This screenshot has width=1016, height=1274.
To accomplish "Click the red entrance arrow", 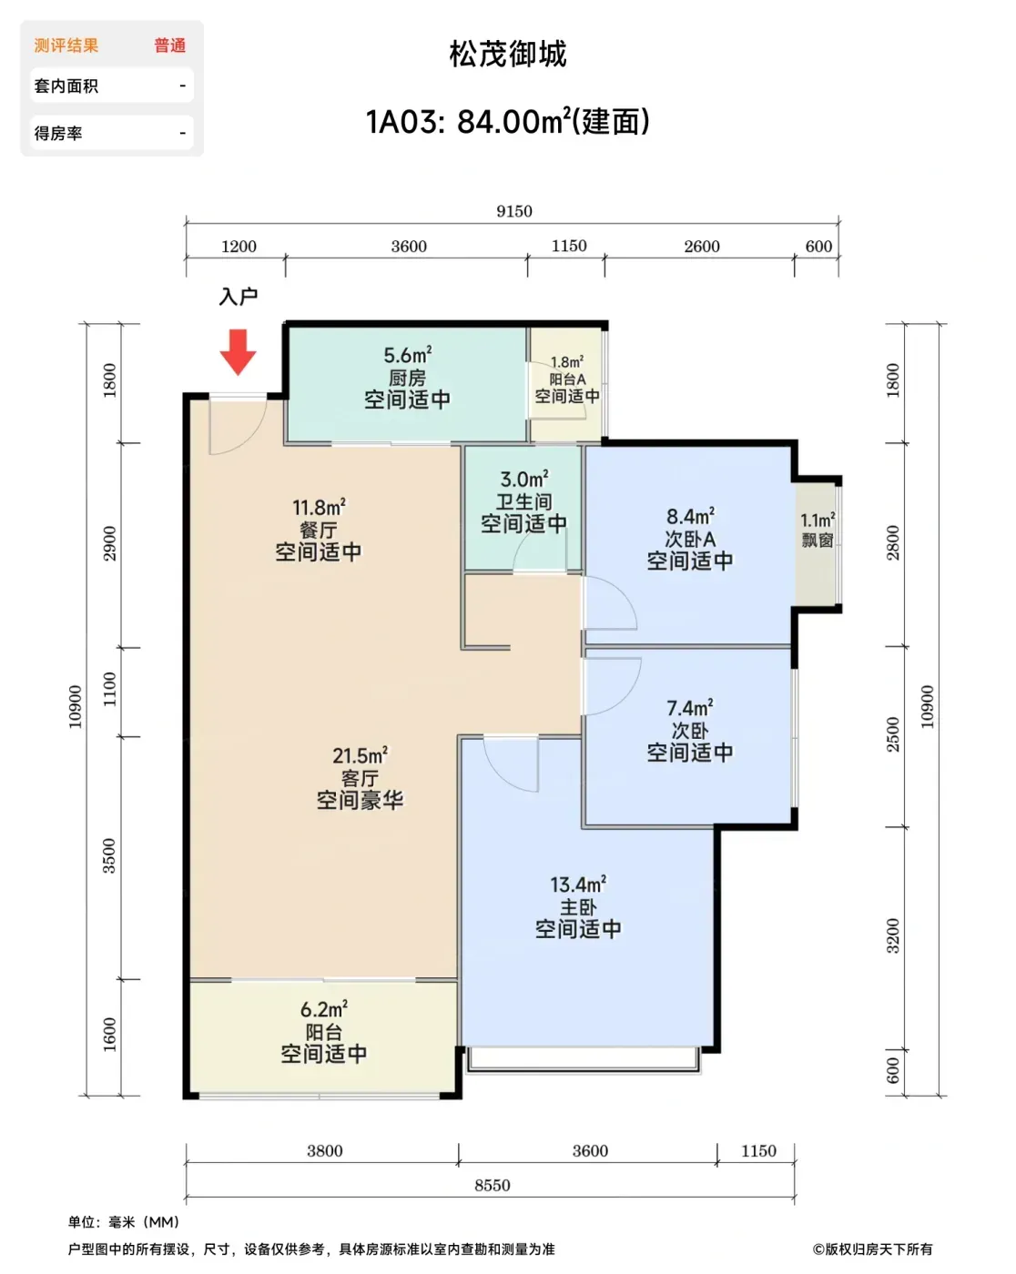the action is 239,351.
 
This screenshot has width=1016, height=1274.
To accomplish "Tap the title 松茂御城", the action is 508,55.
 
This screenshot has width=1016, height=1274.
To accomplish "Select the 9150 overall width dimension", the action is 514,211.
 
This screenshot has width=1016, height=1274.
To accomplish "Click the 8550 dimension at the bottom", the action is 493,1185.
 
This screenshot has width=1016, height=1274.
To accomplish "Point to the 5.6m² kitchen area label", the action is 408,355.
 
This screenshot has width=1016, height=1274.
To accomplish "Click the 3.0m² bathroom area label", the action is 524,479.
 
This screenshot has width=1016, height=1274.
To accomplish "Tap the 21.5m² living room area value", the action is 361,755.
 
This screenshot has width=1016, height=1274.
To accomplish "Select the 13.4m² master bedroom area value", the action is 578,885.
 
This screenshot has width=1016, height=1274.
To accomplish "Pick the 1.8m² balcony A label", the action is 567,361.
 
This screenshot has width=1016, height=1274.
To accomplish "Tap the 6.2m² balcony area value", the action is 324,1009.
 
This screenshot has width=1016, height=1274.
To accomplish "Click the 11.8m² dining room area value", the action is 319,508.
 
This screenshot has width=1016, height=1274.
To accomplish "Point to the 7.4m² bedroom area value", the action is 690,708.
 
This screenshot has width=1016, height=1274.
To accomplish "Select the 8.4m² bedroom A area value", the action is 690,516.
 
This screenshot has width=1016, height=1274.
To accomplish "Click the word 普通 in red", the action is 170,45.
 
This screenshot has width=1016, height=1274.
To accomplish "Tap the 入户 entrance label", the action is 239,297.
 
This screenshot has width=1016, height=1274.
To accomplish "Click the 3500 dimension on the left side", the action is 109,855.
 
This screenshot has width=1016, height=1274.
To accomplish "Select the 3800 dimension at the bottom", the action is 325,1150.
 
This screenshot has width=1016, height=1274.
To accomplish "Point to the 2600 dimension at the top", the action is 702,247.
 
